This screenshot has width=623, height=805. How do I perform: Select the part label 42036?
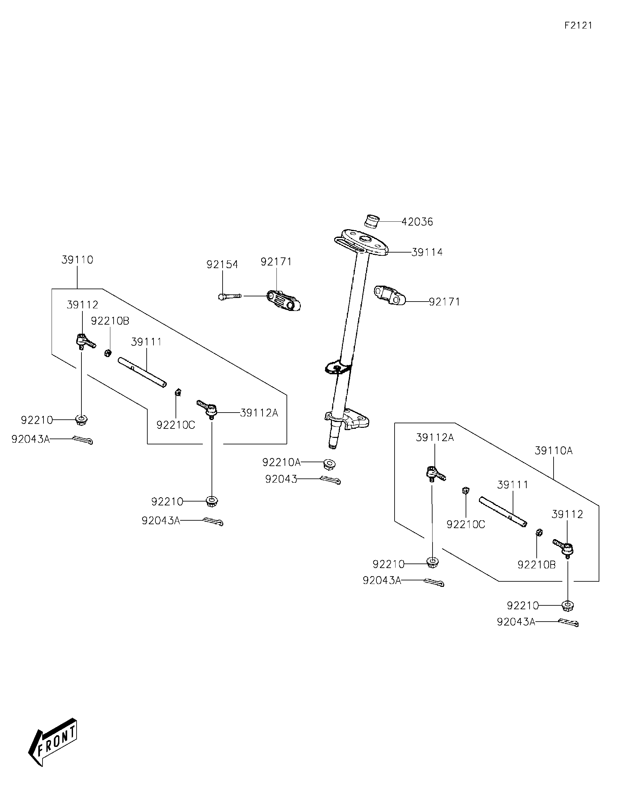click(x=417, y=222)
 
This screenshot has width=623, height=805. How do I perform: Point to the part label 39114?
click(x=427, y=253)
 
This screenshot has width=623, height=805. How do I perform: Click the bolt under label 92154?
click(x=229, y=296)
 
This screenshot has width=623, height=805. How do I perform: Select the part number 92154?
click(x=222, y=264)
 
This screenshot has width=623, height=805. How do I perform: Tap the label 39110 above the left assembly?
click(x=77, y=260)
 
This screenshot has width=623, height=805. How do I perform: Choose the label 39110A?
click(x=553, y=451)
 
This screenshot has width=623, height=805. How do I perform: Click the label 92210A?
click(x=281, y=462)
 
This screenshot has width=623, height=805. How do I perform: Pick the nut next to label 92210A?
click(x=329, y=464)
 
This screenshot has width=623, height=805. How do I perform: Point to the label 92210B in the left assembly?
click(x=110, y=321)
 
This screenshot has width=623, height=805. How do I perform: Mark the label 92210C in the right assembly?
click(x=466, y=524)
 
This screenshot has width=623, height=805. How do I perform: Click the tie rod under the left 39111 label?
click(x=142, y=372)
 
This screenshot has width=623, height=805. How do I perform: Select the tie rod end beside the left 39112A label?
click(x=208, y=408)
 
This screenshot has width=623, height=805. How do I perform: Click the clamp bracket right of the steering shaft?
click(x=390, y=295)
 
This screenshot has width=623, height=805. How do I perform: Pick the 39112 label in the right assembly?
click(x=567, y=514)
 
